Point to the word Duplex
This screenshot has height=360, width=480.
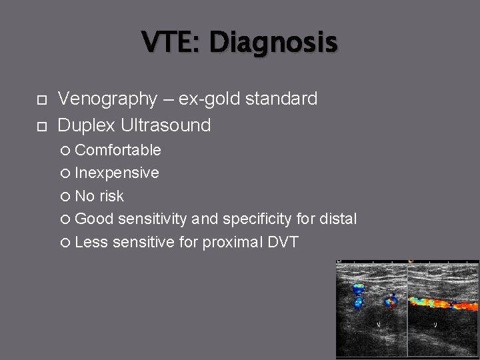pyautogui.click(x=88, y=125)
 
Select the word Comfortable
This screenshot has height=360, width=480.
pyautogui.click(x=118, y=150)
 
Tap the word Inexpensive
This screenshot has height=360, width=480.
pyautogui.click(x=117, y=173)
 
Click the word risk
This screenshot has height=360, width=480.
pyautogui.click(x=111, y=196)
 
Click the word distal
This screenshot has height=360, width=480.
pyautogui.click(x=337, y=219)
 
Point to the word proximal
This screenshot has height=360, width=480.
pyautogui.click(x=231, y=242)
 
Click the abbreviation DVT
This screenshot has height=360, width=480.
pyautogui.click(x=283, y=242)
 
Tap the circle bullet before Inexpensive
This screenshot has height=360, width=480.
pyautogui.click(x=65, y=173)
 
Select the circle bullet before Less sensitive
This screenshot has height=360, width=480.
pyautogui.click(x=65, y=243)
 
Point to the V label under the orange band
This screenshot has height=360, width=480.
pyautogui.click(x=435, y=325)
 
